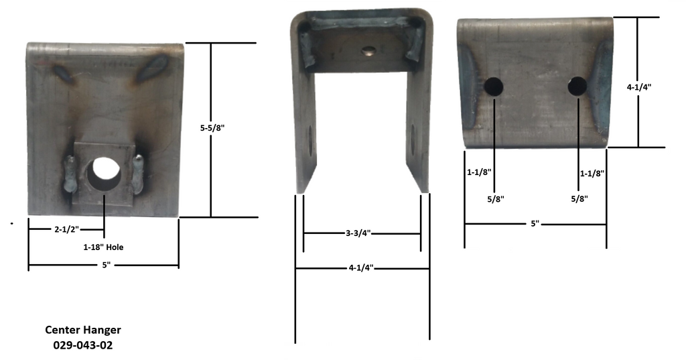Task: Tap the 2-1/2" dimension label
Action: tap(66, 229)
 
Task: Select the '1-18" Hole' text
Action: tap(103, 247)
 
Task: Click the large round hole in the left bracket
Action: tap(104, 170)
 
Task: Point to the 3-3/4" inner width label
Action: tap(358, 233)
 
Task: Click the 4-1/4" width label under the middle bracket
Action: tap(360, 268)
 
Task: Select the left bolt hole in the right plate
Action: tap(494, 86)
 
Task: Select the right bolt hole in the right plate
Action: tap(577, 86)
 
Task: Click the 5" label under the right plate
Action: tap(535, 223)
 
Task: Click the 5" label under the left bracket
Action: tap(106, 265)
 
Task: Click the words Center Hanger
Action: tap(83, 330)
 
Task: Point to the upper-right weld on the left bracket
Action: tap(153, 68)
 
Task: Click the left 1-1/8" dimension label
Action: tap(479, 172)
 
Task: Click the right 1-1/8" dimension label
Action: tap(592, 173)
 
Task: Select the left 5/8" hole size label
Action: tap(494, 198)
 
